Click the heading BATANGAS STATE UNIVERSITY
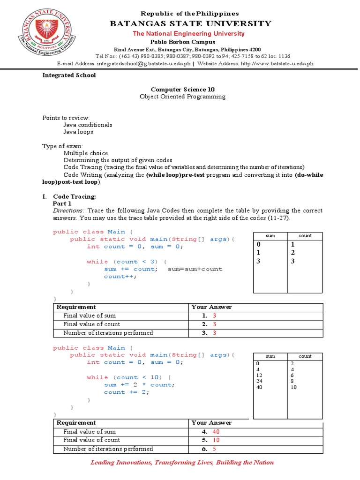point(190,23)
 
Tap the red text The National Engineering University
point(188,34)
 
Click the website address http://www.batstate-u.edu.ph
point(277,63)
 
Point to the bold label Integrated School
point(69,75)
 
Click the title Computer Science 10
point(183,89)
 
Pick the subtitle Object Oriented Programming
point(183,97)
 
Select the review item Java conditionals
point(88,125)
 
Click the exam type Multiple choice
point(86,153)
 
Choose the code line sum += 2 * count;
point(139,385)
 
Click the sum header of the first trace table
point(270,236)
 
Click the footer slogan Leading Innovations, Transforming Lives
point(182,463)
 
